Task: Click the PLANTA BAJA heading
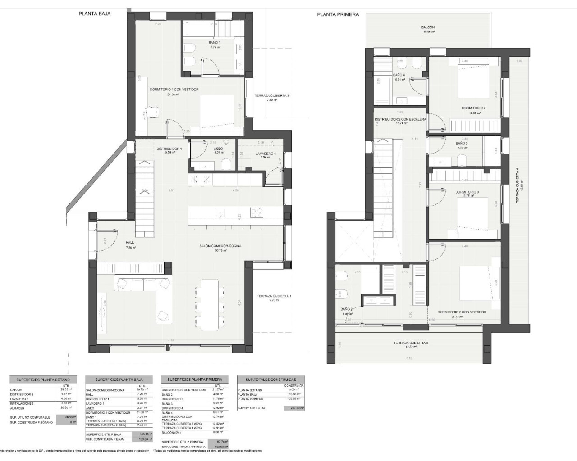coord(94,14)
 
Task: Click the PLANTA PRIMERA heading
coord(338,14)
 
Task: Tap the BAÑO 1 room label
coord(215,43)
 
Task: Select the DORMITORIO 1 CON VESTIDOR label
coord(174,90)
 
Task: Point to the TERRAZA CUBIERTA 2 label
coord(271,95)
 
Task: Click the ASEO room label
coord(219,148)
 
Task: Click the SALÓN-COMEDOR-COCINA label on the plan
coord(220,246)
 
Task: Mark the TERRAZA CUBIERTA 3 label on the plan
coord(411,343)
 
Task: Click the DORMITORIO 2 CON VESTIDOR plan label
coord(462,312)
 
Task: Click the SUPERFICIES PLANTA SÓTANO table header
coord(43,380)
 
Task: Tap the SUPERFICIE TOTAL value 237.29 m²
coord(293,408)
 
